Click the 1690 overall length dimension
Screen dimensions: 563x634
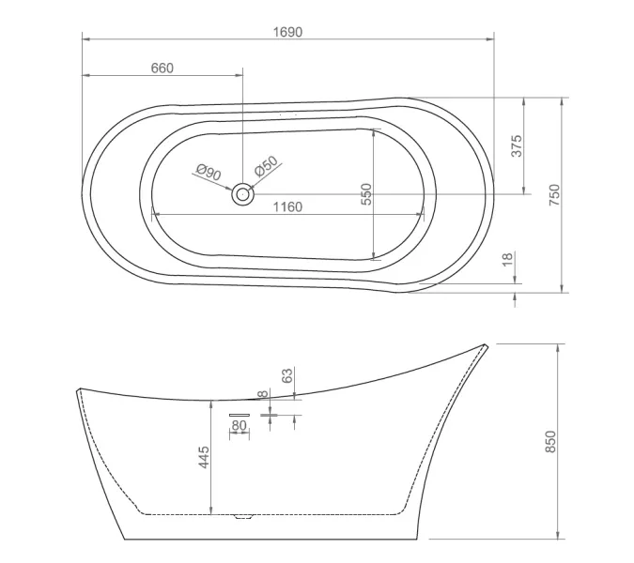tap(288, 32)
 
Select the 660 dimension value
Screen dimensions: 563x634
tap(162, 68)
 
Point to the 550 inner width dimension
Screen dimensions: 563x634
tap(367, 194)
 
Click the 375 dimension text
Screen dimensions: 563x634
tap(516, 145)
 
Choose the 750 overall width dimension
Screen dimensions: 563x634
tap(554, 194)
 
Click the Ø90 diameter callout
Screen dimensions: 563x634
tap(208, 173)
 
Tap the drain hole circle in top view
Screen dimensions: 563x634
tap(243, 194)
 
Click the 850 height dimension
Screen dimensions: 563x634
tap(551, 442)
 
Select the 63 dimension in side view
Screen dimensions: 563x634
tap(288, 374)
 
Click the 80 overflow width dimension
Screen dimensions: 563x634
tap(240, 425)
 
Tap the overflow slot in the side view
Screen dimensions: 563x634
tap(240, 412)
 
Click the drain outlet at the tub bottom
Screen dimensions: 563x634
tap(244, 516)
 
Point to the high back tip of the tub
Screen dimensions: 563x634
tap(485, 345)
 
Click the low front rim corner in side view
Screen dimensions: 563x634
tap(76, 388)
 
